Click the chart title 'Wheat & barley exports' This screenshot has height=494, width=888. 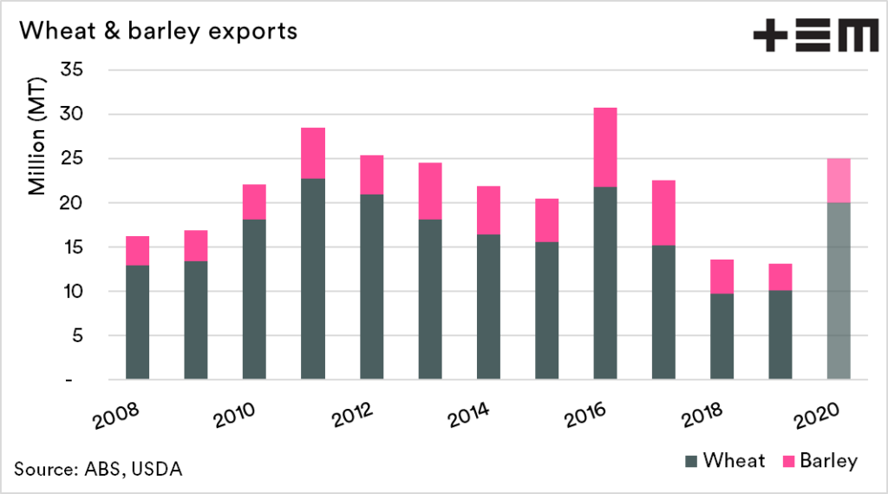(x=159, y=31)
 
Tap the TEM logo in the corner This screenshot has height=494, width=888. (x=814, y=37)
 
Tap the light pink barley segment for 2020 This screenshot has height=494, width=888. (x=839, y=181)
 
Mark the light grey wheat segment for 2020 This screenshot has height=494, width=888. (x=839, y=291)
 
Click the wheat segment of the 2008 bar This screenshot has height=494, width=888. (x=137, y=321)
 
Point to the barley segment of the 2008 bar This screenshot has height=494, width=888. (x=137, y=250)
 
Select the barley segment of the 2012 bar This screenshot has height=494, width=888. (x=371, y=175)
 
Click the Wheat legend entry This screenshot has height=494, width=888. (x=725, y=460)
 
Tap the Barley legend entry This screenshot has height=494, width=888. (x=819, y=460)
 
